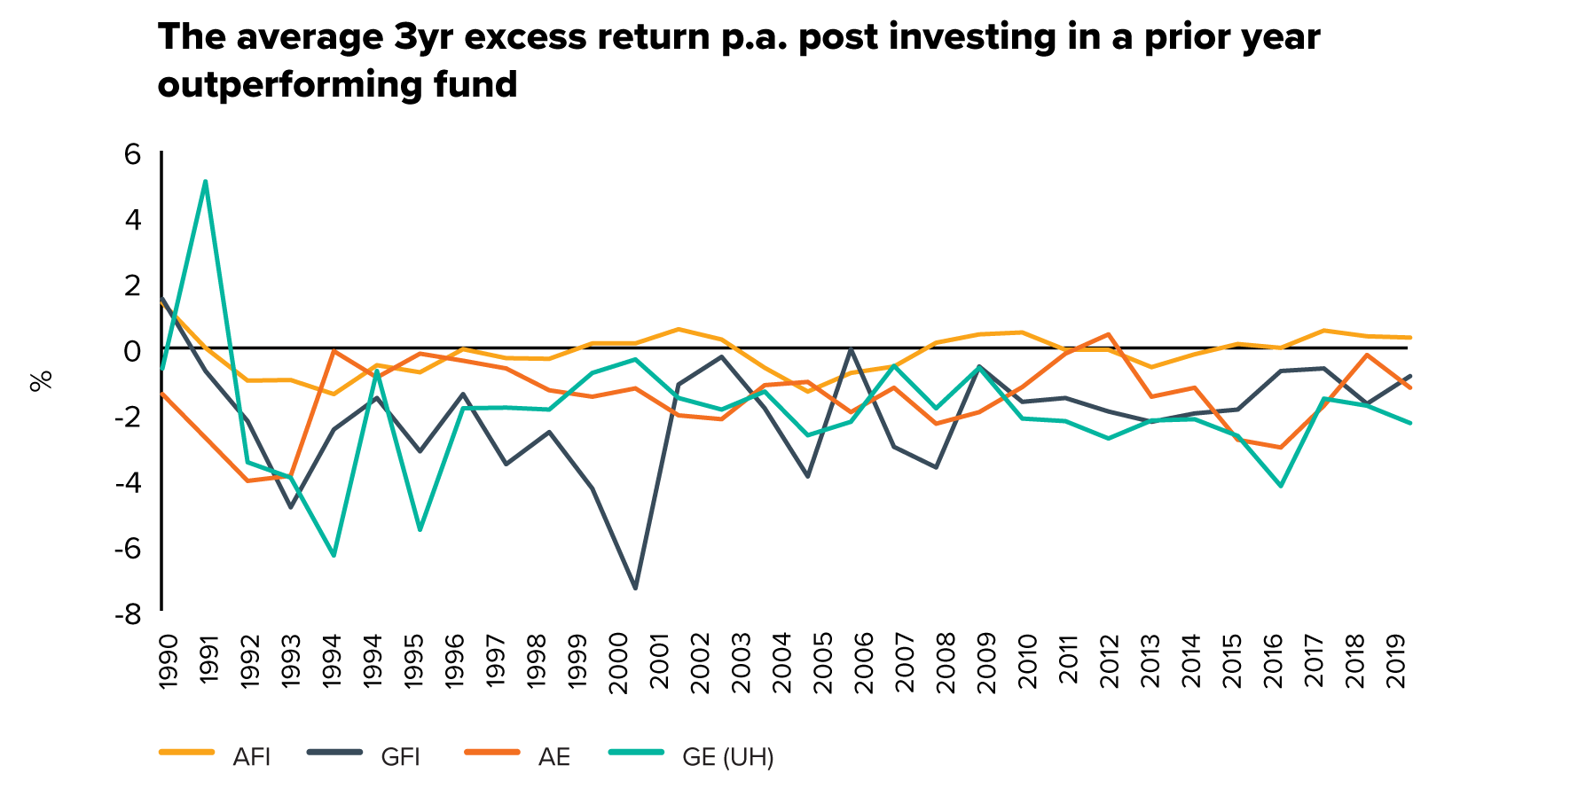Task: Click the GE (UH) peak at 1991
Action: click(205, 182)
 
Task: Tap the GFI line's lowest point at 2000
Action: click(635, 588)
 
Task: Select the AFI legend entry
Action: click(215, 756)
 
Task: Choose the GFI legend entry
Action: click(364, 756)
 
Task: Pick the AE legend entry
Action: click(517, 756)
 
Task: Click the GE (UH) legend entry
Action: click(692, 756)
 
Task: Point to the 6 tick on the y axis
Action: click(132, 154)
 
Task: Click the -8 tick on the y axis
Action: click(127, 613)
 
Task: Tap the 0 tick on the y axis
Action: click(132, 351)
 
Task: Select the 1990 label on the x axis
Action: click(168, 660)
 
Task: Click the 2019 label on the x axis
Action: click(1397, 660)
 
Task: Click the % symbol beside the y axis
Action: click(42, 381)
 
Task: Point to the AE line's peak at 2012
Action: click(1109, 334)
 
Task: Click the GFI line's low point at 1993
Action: click(290, 507)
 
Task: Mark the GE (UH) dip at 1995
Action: click(420, 530)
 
